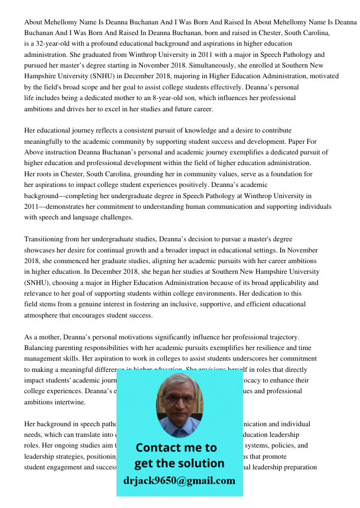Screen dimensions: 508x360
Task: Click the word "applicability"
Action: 284,282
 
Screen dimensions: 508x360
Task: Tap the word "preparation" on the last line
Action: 300,467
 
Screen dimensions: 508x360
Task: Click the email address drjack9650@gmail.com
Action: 179,481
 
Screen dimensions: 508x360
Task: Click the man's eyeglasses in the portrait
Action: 179,399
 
